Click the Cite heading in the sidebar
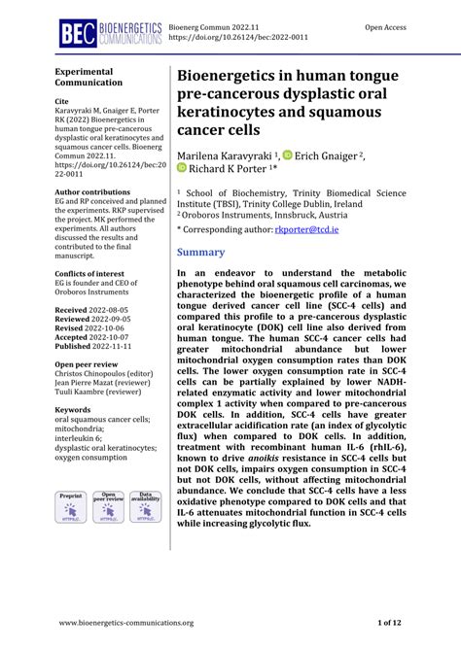(61, 101)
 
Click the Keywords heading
(76, 410)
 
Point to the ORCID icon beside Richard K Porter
(183, 168)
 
